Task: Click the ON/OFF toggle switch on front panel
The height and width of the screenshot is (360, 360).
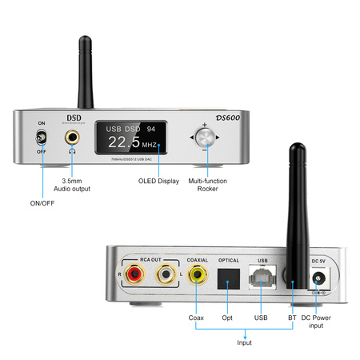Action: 41,139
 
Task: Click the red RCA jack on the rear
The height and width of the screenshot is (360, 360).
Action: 135,277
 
